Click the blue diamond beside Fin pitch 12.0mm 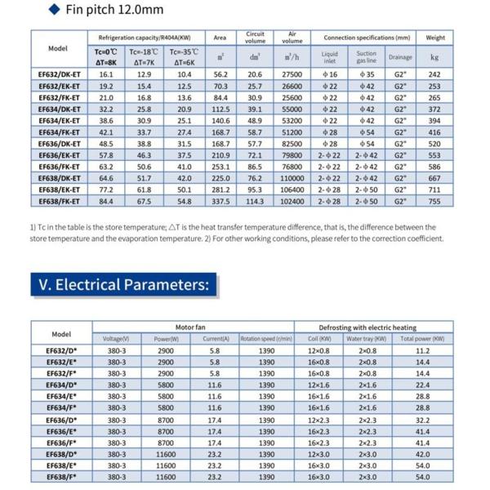pyautogui.click(x=53, y=10)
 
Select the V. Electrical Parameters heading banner pyautogui.click(x=124, y=285)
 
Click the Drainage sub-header pyautogui.click(x=400, y=57)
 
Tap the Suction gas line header pyautogui.click(x=366, y=57)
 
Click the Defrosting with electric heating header pyautogui.click(x=374, y=325)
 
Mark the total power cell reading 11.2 pyautogui.click(x=422, y=350)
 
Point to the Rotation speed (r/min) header pyautogui.click(x=266, y=338)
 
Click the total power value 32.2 pyautogui.click(x=422, y=419)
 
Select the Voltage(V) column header pyautogui.click(x=117, y=338)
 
